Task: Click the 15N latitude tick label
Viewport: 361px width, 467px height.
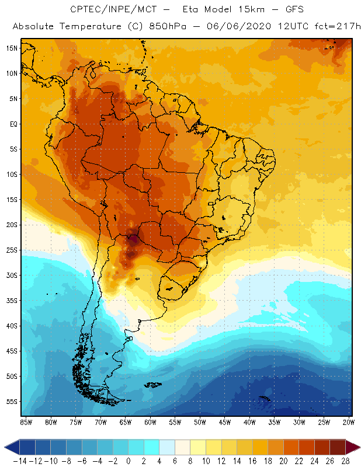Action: tap(11, 48)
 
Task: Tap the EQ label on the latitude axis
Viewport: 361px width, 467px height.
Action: tap(12, 124)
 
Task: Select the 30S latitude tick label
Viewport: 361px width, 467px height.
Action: tap(11, 275)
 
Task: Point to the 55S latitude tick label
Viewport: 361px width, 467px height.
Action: tap(11, 402)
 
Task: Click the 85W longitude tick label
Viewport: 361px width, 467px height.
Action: tap(25, 421)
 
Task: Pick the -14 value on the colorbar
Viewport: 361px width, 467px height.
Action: tap(19, 461)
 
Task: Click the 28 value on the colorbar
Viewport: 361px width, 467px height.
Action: tap(346, 461)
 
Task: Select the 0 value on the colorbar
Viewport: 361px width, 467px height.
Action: tap(129, 461)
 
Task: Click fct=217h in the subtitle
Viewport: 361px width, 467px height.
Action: tap(331, 27)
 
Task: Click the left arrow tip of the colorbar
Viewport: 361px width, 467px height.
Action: tap(6, 447)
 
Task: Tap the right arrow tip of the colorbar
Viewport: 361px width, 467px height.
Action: tap(357, 447)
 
